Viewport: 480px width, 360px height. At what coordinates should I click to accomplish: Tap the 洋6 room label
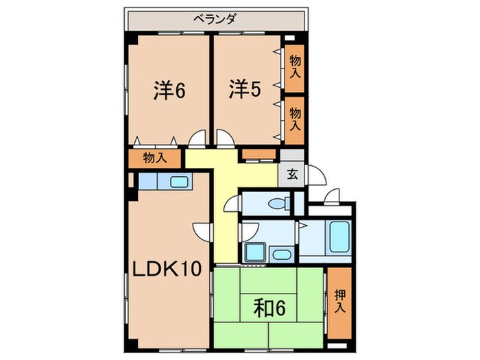tap(168, 91)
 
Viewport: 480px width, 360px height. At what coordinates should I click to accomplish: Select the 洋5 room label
tap(244, 91)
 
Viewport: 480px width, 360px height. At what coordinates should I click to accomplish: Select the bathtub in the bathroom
tap(339, 237)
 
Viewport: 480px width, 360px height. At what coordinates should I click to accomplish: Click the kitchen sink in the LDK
tap(180, 182)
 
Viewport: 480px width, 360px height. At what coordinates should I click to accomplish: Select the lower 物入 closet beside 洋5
tap(294, 118)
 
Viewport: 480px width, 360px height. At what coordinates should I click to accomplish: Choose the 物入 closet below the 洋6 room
tap(154, 158)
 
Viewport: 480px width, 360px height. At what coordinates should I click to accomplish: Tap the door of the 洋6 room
tap(197, 139)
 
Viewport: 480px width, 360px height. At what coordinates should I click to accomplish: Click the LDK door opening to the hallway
tap(202, 232)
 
